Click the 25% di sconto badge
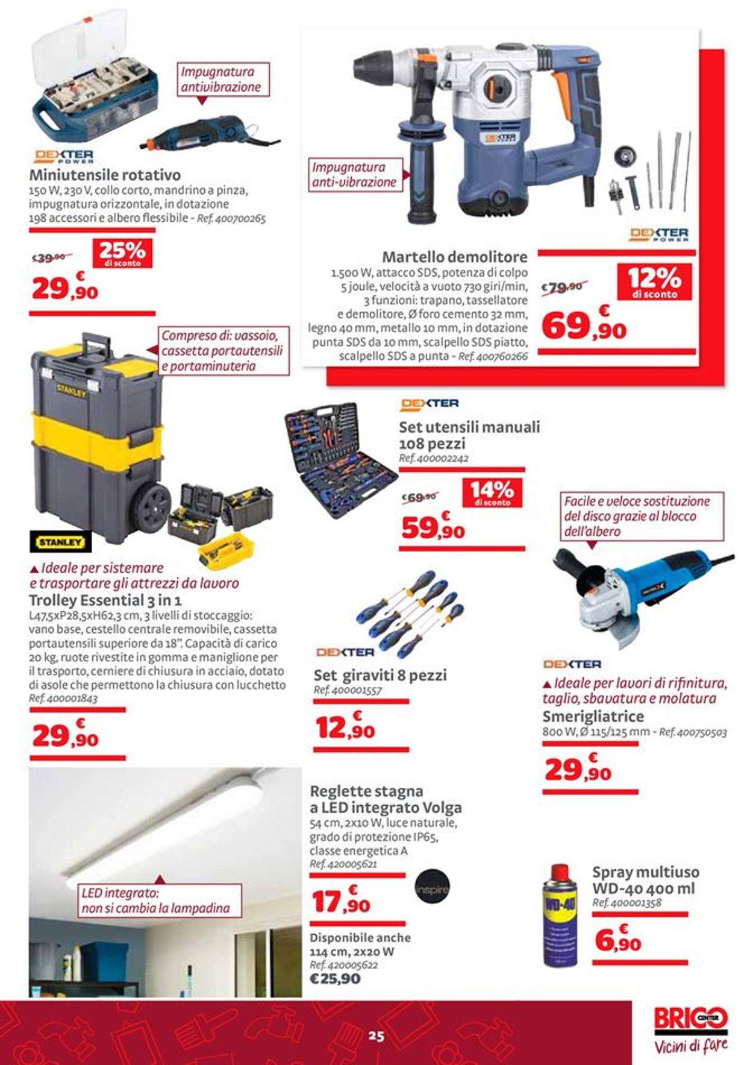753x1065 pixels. (122, 253)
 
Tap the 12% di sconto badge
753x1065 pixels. (654, 282)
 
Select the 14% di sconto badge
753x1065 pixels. (492, 492)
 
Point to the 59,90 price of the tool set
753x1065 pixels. (433, 528)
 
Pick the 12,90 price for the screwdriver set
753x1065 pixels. (345, 728)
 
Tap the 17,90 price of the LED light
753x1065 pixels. (341, 902)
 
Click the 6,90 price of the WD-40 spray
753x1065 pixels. (617, 939)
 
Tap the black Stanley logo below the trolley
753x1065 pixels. (60, 542)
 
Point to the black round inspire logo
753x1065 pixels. (432, 889)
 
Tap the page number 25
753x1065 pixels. (377, 1036)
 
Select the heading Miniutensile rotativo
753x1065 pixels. (105, 175)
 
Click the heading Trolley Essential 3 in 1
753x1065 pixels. (105, 600)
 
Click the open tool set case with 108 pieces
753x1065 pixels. (340, 462)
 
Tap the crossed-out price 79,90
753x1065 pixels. (564, 287)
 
